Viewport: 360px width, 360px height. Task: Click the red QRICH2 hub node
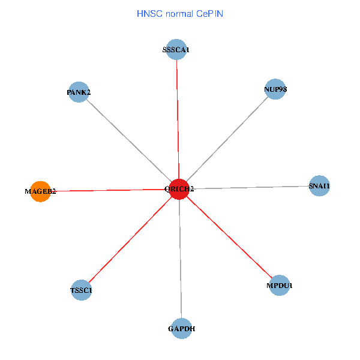[x=179, y=189]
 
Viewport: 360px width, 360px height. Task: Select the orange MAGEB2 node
[x=40, y=191]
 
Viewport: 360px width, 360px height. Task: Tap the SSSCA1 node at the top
[x=176, y=50]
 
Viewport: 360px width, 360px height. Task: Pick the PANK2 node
[x=79, y=92]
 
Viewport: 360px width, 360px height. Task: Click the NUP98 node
[x=275, y=89]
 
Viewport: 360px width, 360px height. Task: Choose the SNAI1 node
[x=319, y=186]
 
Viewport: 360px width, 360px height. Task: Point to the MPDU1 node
[x=279, y=286]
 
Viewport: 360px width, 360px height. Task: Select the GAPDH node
[x=181, y=328]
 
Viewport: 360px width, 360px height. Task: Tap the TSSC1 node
[x=81, y=290]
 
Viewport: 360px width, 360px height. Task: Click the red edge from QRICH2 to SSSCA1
[x=178, y=120]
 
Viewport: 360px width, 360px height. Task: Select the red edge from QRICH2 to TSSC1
[x=130, y=240]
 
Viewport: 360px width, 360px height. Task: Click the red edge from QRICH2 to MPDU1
[x=229, y=238]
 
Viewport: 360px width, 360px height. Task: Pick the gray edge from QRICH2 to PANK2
[x=129, y=141]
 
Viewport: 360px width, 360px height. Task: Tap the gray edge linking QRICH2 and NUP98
[x=227, y=139]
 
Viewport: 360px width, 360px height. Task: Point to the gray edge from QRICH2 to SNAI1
[x=249, y=187]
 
